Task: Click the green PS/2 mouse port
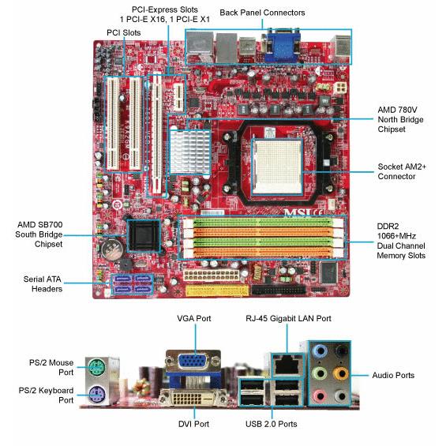[x=97, y=368]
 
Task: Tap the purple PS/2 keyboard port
[x=97, y=395]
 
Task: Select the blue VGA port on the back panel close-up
[x=193, y=362]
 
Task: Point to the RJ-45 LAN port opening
[x=286, y=365]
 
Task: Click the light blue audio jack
[x=320, y=351]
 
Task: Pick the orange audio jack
[x=341, y=373]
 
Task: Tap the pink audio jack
[x=320, y=395]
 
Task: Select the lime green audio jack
[x=320, y=373]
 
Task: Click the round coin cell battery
[x=113, y=249]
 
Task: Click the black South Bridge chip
[x=144, y=235]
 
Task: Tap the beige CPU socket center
[x=277, y=167]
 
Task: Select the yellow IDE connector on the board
[x=217, y=290]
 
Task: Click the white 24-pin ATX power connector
[x=212, y=275]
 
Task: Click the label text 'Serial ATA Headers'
[x=43, y=284]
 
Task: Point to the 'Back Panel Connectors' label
[x=262, y=13]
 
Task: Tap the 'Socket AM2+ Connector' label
[x=402, y=171]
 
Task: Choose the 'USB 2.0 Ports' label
[x=271, y=424]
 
